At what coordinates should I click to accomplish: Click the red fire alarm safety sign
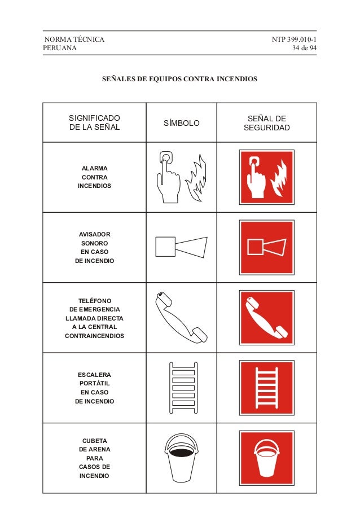pos(266,177)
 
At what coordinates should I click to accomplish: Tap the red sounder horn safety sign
pos(266,247)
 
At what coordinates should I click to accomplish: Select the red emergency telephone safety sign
pos(266,318)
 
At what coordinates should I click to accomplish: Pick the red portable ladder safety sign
pos(266,388)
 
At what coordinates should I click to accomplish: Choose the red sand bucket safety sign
pos(266,458)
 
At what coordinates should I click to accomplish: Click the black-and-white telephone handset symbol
pos(181,317)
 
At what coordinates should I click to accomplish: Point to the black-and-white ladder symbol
pos(183,388)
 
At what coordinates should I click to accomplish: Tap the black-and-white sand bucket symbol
pos(182,458)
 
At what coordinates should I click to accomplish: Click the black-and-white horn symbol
pos(181,247)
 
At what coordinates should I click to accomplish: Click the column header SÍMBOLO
pos(181,123)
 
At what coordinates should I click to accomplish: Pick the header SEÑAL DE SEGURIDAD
pos(266,123)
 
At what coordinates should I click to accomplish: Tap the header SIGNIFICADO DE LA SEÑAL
pos(94,123)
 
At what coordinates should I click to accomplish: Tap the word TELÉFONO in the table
pos(94,301)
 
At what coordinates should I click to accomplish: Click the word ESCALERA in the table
pos(94,375)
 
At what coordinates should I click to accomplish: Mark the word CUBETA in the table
pos(94,441)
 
